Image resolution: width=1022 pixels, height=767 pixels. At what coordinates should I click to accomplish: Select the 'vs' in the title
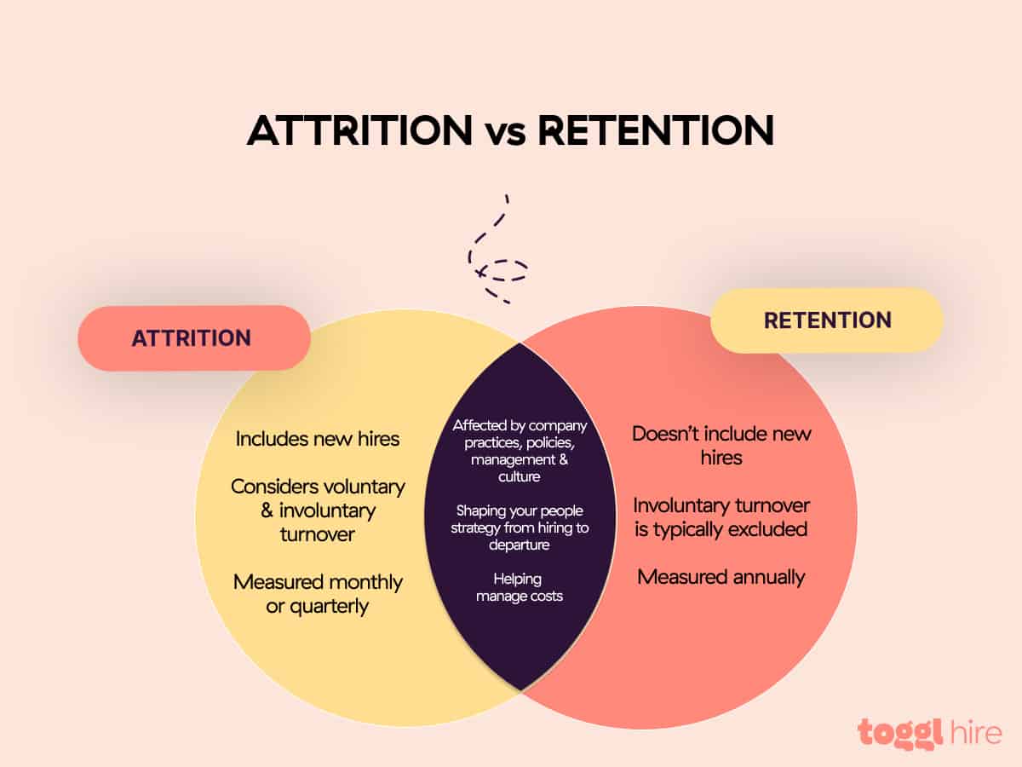tap(506, 134)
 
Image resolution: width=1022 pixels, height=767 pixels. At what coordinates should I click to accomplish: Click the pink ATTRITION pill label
tap(193, 338)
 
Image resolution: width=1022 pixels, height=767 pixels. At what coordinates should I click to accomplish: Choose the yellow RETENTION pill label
tap(827, 320)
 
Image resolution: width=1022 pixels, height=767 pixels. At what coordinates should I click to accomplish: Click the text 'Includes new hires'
tap(318, 439)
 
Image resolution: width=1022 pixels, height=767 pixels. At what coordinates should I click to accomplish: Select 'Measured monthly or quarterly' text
tap(318, 594)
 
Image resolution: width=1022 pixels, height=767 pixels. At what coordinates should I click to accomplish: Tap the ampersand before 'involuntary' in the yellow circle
tap(267, 510)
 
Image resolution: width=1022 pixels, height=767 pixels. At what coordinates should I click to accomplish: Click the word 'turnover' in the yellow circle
tap(318, 534)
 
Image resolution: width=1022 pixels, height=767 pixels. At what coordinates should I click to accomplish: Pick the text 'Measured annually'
tap(721, 578)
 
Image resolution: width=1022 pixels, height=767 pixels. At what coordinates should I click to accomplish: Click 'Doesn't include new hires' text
tap(721, 446)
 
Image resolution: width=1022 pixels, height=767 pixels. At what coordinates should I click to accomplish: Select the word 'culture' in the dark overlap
tap(520, 477)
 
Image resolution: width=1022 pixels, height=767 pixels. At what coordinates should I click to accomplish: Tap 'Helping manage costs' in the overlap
tap(520, 588)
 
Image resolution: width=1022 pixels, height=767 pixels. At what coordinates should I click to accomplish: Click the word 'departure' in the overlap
tap(520, 545)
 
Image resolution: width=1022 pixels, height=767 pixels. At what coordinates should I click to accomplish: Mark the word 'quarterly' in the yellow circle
tap(329, 607)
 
